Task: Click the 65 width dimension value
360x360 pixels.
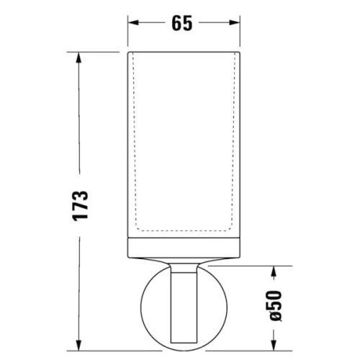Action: pos(182,23)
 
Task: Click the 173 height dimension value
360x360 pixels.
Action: pos(81,205)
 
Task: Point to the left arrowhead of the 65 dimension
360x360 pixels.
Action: pos(133,22)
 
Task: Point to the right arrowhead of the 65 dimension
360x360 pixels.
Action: pos(235,22)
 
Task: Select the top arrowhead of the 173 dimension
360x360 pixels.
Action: pos(78,58)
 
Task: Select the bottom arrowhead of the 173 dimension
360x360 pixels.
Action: pos(78,345)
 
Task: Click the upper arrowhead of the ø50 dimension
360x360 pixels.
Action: pos(274,271)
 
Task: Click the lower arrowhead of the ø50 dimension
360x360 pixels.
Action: pos(274,345)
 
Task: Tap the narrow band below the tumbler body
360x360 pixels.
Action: pos(184,248)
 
